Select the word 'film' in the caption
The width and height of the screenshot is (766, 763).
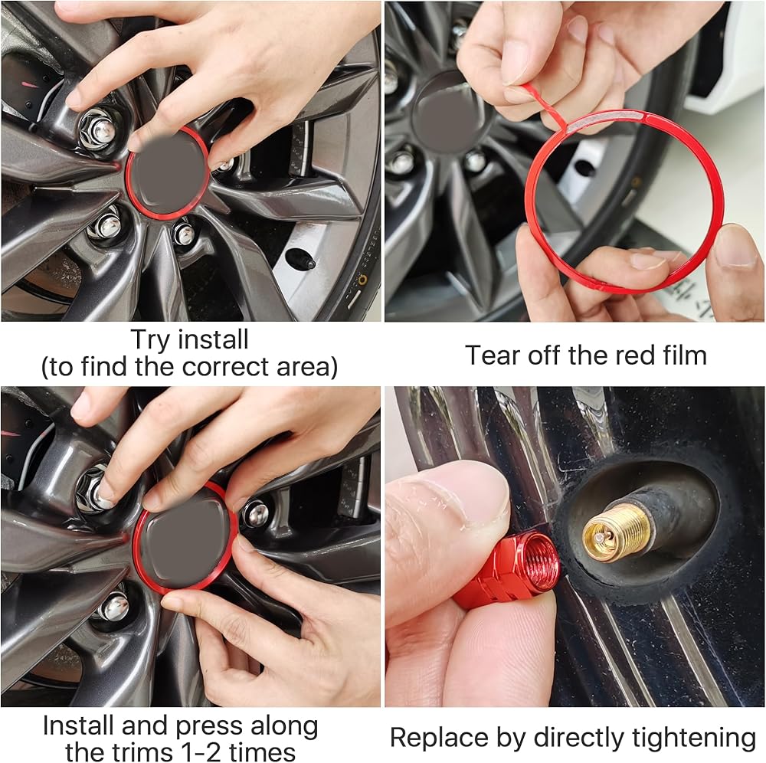coord(686,355)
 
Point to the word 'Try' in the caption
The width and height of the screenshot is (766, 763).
coord(150,340)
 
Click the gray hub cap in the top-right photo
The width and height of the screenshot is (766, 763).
coord(447,113)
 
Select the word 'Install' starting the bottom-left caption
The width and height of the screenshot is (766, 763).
coord(78,726)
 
